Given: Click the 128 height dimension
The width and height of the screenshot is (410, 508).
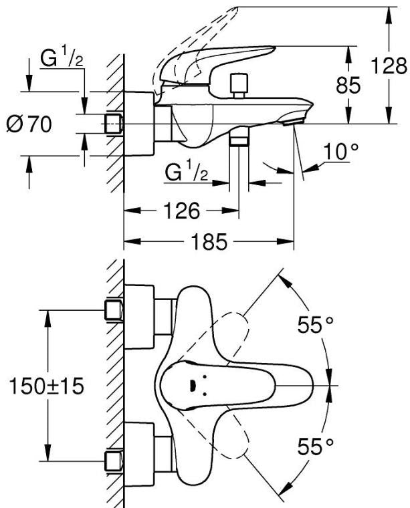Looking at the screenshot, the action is coord(389,66).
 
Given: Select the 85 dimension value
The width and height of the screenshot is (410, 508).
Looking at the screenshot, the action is coord(348,86).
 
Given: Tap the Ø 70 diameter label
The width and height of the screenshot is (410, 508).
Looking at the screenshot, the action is coord(29,124).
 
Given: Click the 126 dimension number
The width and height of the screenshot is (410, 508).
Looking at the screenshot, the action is coord(181,211).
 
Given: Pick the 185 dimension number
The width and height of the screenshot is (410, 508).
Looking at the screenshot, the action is coord(209,241).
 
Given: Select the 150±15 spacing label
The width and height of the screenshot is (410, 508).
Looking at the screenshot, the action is coord(47,386).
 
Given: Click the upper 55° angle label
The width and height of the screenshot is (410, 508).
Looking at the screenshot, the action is coord(316,325).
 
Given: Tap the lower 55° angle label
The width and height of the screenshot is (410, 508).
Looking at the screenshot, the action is coord(316,447).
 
